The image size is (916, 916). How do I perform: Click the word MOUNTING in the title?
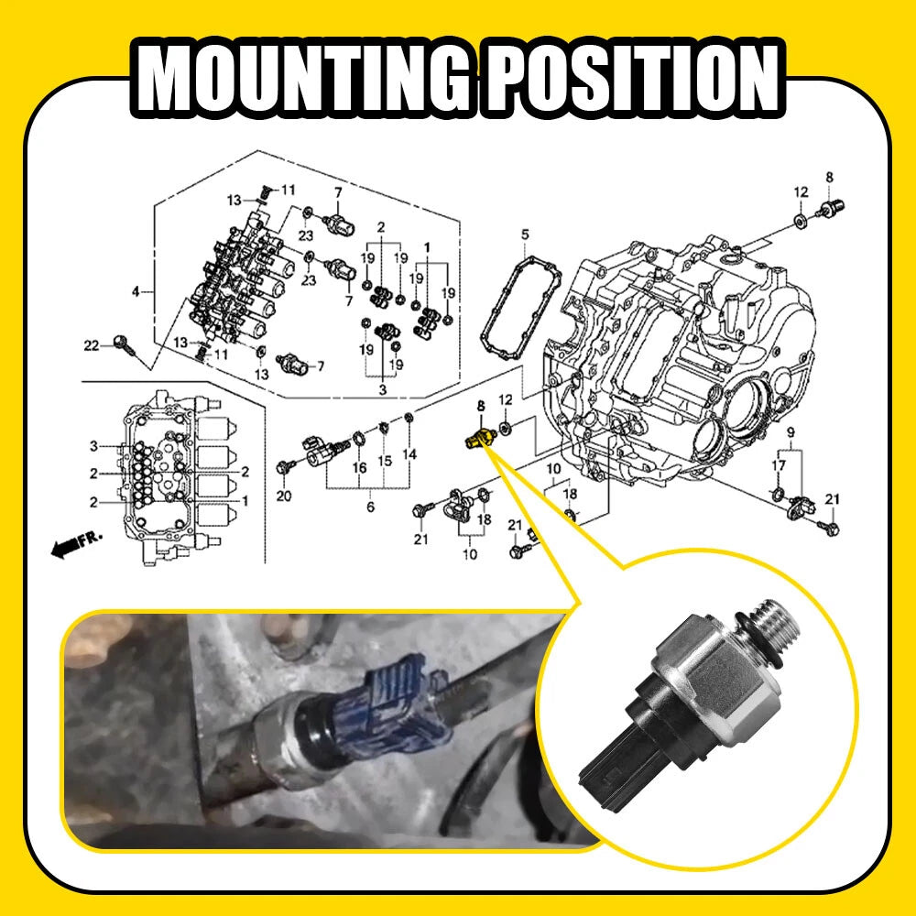304,77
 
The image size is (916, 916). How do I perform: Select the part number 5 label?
525,234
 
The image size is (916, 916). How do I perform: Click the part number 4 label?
136,291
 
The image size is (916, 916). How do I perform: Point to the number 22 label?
91,345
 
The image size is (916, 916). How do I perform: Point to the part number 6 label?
370,507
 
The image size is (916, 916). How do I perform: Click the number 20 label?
283,496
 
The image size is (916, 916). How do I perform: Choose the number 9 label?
791,432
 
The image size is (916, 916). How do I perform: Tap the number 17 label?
778,465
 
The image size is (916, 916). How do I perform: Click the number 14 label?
409,454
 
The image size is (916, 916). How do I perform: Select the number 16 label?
359,467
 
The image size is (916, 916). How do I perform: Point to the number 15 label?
385,461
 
